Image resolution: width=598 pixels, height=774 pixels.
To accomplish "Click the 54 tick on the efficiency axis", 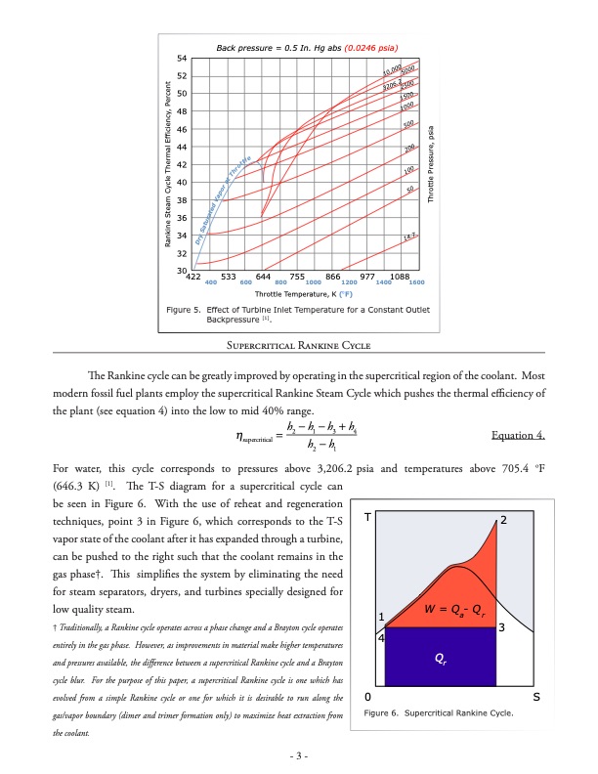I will (x=182, y=59).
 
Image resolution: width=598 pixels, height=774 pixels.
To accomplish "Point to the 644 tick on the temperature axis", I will (x=263, y=278).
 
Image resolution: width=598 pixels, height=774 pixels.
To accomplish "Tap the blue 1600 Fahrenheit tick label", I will (x=415, y=282).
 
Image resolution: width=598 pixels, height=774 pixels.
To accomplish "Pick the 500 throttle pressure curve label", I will (x=410, y=124).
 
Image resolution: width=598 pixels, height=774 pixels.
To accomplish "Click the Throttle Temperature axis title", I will (x=303, y=293).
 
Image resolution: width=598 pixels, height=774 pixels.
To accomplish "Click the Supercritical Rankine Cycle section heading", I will (x=299, y=344).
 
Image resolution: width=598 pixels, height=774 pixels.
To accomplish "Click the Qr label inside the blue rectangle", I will (x=442, y=658).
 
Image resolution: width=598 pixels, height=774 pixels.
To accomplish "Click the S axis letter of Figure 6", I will (x=537, y=698).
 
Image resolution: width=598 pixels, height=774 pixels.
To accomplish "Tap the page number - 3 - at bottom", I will (x=299, y=755).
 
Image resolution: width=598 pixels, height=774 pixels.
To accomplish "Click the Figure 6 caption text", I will (x=437, y=713).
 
